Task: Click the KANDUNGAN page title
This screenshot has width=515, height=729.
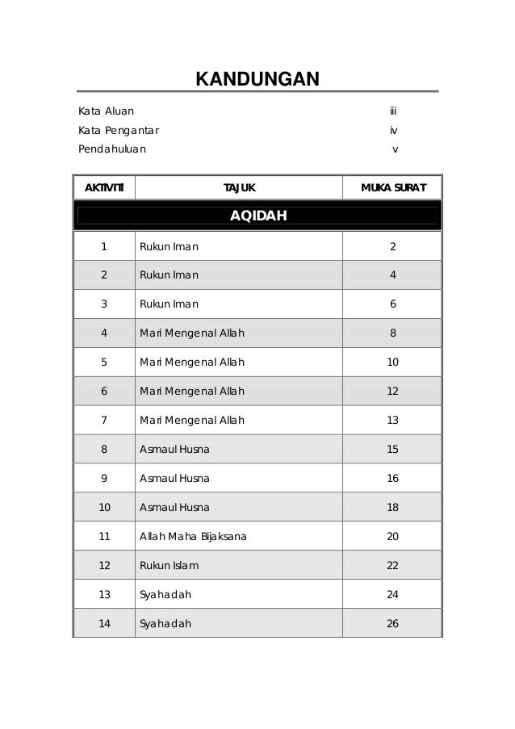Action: coord(257,79)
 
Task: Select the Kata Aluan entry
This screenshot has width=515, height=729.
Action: coord(106,111)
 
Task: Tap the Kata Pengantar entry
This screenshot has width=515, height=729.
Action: coord(118,130)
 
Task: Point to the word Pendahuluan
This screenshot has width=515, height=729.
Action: coord(112,149)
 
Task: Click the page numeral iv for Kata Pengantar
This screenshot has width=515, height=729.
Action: coord(393,130)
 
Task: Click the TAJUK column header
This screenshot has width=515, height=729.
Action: coord(239,189)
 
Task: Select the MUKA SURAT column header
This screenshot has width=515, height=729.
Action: coord(392,189)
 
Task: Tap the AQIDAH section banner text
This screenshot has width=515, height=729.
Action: coord(257,216)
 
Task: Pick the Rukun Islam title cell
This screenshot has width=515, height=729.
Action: coord(169,565)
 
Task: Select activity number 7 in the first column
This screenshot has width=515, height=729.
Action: coord(104,421)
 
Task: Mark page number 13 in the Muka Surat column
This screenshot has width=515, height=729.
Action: coord(392,421)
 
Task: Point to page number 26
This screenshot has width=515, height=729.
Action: coord(392,623)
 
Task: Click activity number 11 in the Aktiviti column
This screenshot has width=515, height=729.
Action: coord(104,536)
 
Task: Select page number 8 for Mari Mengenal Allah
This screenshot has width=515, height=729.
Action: coord(392,333)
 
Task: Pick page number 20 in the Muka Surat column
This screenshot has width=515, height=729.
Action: coord(392,536)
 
